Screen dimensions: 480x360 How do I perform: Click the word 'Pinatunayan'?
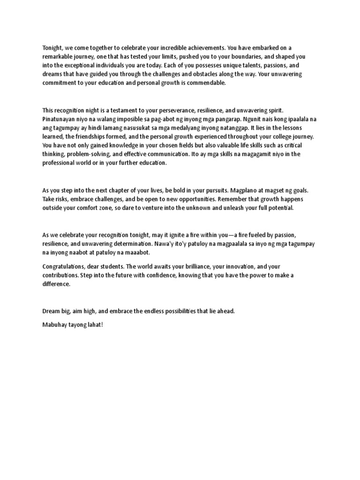59,120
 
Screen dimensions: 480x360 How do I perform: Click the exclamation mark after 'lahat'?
101,324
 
